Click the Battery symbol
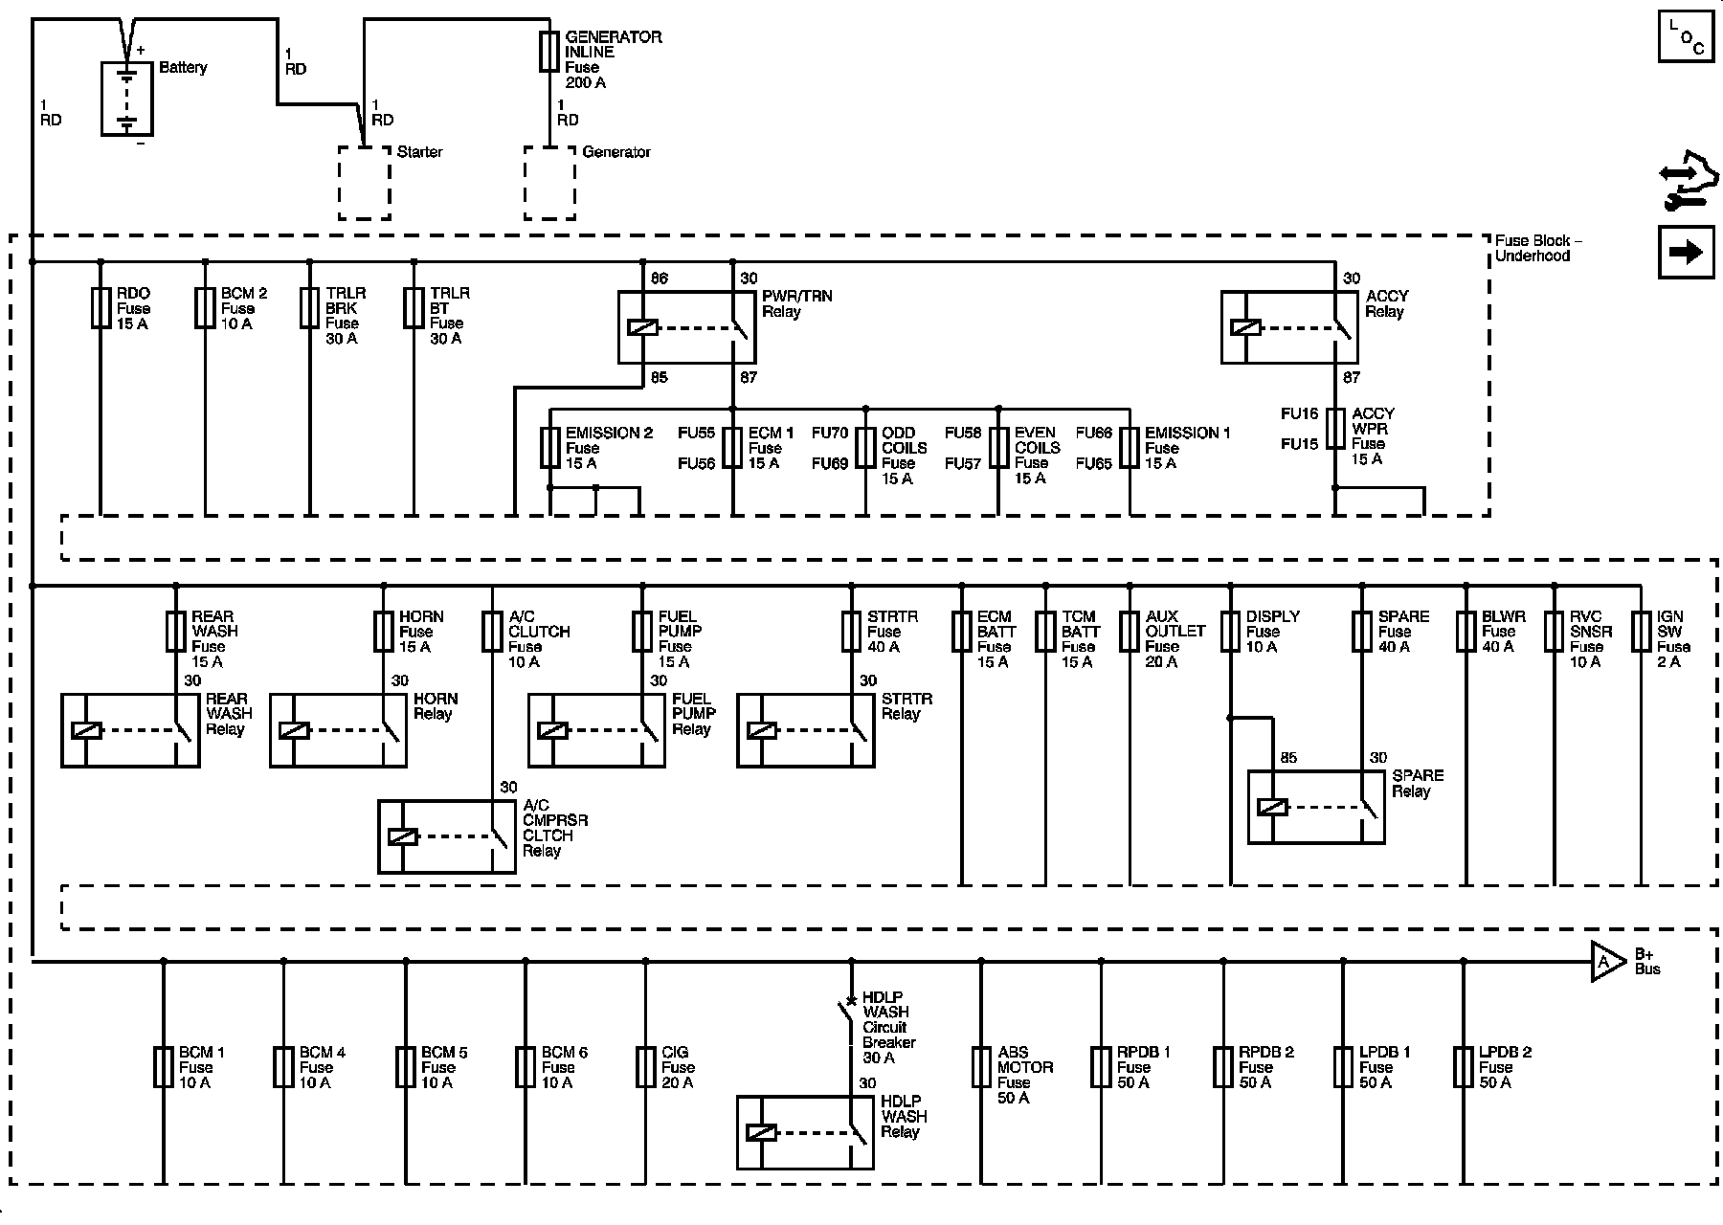127,99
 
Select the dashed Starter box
365,183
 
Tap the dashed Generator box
550,183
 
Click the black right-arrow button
1686,253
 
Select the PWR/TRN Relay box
686,327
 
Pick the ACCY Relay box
1289,327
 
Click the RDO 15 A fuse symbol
101,308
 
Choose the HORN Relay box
338,730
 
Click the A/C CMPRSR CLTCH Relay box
447,835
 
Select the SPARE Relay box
1316,807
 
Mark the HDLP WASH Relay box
805,1132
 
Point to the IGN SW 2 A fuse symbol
1642,632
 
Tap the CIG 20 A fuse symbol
646,1067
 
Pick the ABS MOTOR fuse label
1024,1075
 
